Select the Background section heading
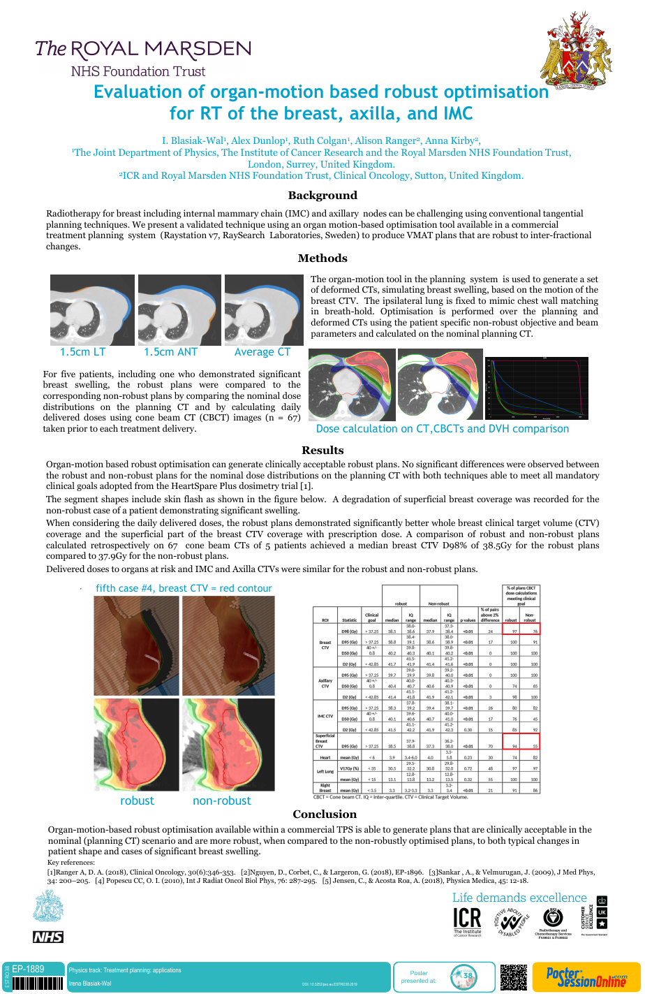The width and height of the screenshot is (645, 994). tap(322, 196)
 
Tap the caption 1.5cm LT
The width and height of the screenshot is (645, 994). tap(83, 352)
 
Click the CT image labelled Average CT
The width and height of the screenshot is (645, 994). tap(262, 310)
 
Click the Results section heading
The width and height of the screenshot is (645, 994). tap(322, 451)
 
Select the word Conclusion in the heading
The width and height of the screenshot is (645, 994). tap(325, 814)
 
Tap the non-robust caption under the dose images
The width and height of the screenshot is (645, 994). tap(221, 801)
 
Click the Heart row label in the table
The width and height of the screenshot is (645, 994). tap(325, 757)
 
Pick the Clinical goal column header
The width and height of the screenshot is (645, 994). tap(372, 617)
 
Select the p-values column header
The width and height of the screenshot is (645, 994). tap(468, 620)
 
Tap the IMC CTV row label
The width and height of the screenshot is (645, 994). tap(325, 715)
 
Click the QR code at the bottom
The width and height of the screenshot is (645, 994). tap(514, 977)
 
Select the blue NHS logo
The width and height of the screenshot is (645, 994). tap(48, 937)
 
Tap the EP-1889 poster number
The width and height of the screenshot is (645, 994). tap(29, 969)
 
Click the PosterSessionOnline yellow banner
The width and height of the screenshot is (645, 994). tap(586, 977)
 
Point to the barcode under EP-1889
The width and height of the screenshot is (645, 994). tap(38, 984)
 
